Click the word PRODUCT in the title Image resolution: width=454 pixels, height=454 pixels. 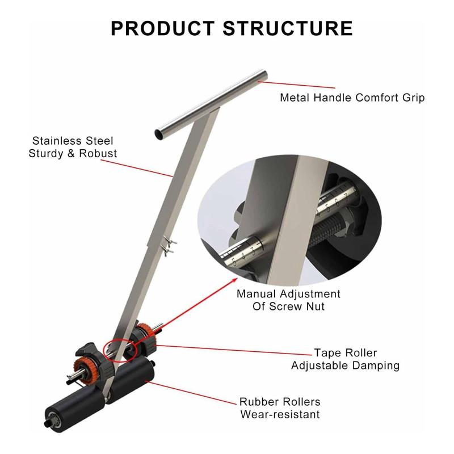pyautogui.click(x=163, y=28)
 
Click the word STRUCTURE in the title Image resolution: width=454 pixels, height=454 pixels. pyautogui.click(x=288, y=28)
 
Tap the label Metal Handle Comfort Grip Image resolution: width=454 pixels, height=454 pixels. pyautogui.click(x=352, y=98)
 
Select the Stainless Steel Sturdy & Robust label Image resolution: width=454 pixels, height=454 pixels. pyautogui.click(x=73, y=147)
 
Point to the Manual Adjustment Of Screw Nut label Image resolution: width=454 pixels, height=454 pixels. pyautogui.click(x=288, y=300)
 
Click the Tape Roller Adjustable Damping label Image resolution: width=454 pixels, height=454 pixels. pyautogui.click(x=346, y=359)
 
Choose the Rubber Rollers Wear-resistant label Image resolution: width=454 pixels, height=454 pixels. pyautogui.click(x=280, y=408)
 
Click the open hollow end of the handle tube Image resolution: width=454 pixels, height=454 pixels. pyautogui.click(x=159, y=134)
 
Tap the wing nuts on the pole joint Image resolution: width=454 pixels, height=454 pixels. pyautogui.click(x=169, y=246)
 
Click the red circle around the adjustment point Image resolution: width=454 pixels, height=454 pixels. pyautogui.click(x=120, y=350)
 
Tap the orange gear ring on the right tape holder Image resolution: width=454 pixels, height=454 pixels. pyautogui.click(x=146, y=335)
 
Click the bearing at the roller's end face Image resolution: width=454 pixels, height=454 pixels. pyautogui.click(x=53, y=418)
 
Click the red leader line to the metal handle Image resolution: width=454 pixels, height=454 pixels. pyautogui.click(x=296, y=85)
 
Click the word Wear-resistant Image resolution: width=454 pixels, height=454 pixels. pyautogui.click(x=280, y=414)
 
